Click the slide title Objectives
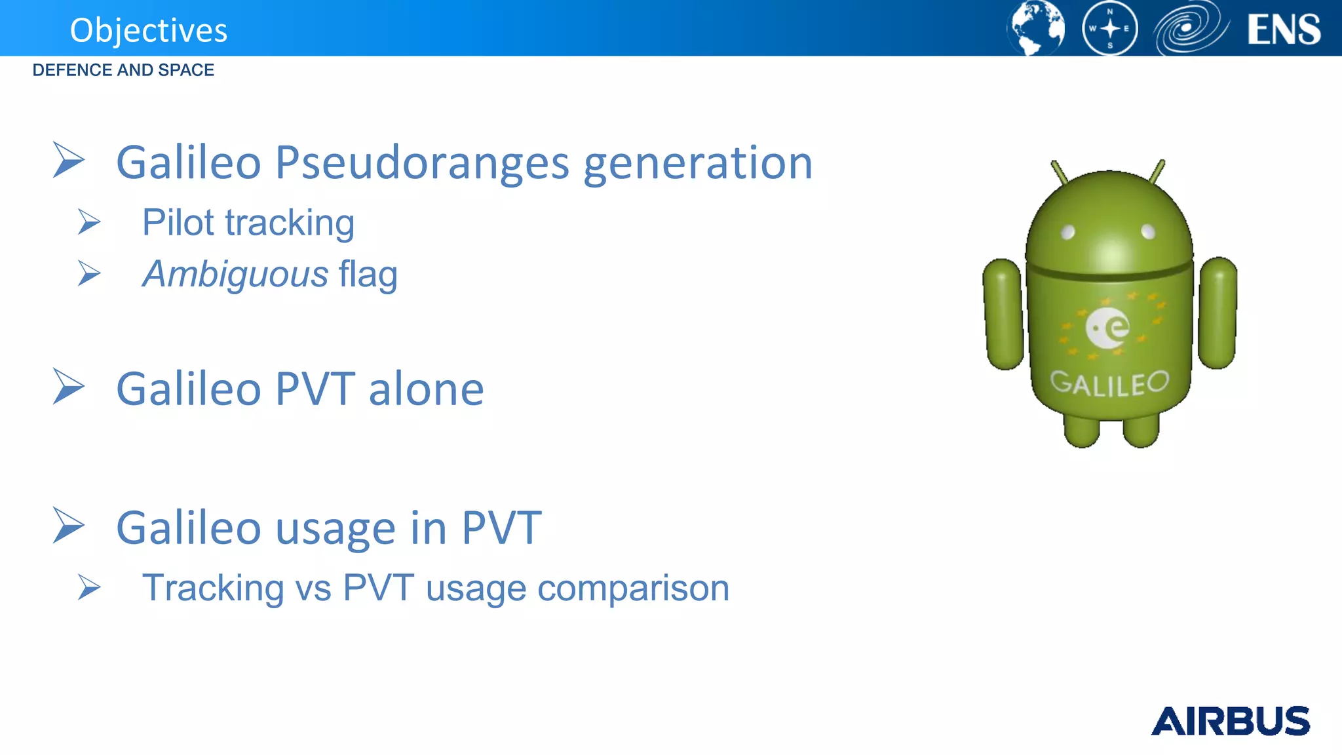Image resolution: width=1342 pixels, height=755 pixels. tap(149, 30)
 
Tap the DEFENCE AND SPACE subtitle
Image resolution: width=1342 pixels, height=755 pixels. tap(123, 70)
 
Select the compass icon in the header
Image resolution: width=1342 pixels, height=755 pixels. tap(1109, 29)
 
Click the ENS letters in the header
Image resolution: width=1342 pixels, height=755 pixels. tap(1284, 29)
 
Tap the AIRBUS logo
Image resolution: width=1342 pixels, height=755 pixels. tap(1230, 721)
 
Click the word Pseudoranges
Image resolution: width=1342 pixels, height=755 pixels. tap(422, 163)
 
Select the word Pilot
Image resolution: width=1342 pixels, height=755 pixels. tap(178, 222)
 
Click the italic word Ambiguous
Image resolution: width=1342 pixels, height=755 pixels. tap(235, 274)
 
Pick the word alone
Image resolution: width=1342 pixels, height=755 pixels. tap(426, 389)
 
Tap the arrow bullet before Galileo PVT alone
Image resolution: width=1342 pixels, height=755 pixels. tap(68, 386)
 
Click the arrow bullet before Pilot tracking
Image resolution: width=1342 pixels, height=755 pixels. tap(89, 222)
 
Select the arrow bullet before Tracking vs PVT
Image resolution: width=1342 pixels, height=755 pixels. tap(89, 587)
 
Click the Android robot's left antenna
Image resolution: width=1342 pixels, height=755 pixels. tap(1059, 172)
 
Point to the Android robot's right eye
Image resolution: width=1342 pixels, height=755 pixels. tap(1148, 231)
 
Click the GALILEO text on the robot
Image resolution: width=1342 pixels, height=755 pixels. tap(1109, 383)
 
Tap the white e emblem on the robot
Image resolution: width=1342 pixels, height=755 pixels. tap(1107, 328)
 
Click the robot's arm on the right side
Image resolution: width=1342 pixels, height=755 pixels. tap(1217, 313)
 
